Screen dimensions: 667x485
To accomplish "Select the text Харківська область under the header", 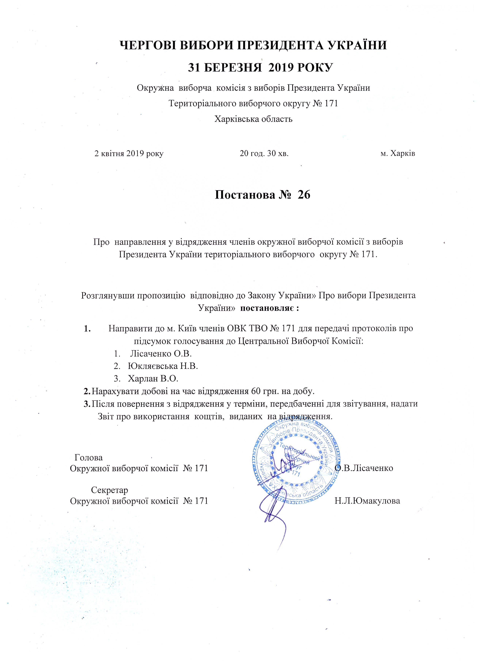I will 253,119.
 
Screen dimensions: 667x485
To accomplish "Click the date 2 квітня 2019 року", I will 129,154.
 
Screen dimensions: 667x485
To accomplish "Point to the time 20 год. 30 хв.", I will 264,154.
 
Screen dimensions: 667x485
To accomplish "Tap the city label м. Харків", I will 398,154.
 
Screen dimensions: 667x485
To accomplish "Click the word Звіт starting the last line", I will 105,417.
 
